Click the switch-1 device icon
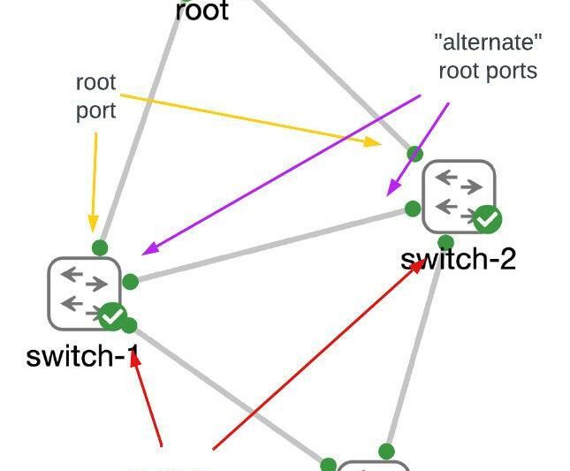pyautogui.click(x=84, y=292)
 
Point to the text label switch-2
pyautogui.click(x=458, y=258)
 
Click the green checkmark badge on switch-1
pyautogui.click(x=112, y=315)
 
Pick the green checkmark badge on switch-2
pyautogui.click(x=487, y=218)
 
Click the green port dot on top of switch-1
pyautogui.click(x=100, y=248)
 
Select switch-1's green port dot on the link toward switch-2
pyautogui.click(x=130, y=282)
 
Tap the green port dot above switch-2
pyautogui.click(x=414, y=154)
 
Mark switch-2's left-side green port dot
pyautogui.click(x=412, y=209)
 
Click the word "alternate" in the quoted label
pyautogui.click(x=488, y=42)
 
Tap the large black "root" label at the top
pyautogui.click(x=202, y=11)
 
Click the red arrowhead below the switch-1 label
pyautogui.click(x=136, y=360)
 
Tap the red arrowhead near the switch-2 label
pyautogui.click(x=416, y=268)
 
